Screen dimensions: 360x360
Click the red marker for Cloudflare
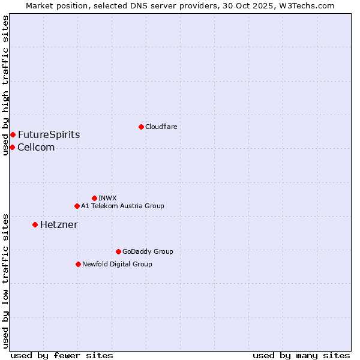tap(141, 127)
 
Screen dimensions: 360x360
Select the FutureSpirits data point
tap(13, 134)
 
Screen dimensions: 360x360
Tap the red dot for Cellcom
tap(12, 147)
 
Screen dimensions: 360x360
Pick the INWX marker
tap(94, 198)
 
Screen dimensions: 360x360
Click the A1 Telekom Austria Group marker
tap(77, 206)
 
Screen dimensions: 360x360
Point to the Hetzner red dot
tap(35, 224)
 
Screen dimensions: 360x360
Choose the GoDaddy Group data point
tap(118, 251)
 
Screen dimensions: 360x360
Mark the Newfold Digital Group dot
tap(78, 264)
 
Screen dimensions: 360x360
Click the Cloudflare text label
tap(161, 127)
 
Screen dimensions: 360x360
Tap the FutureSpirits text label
tap(49, 134)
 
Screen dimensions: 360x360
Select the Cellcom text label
tap(36, 147)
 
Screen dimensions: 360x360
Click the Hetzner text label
tap(59, 224)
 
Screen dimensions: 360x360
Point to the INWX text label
tap(107, 198)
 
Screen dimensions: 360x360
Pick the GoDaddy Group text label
tap(148, 251)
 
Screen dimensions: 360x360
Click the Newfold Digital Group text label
tap(117, 264)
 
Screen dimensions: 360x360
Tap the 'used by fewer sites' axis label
tap(62, 355)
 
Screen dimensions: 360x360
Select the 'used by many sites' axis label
tap(301, 355)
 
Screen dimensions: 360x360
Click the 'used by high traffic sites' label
tap(5, 85)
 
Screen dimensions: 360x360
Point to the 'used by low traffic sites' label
tap(5, 281)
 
